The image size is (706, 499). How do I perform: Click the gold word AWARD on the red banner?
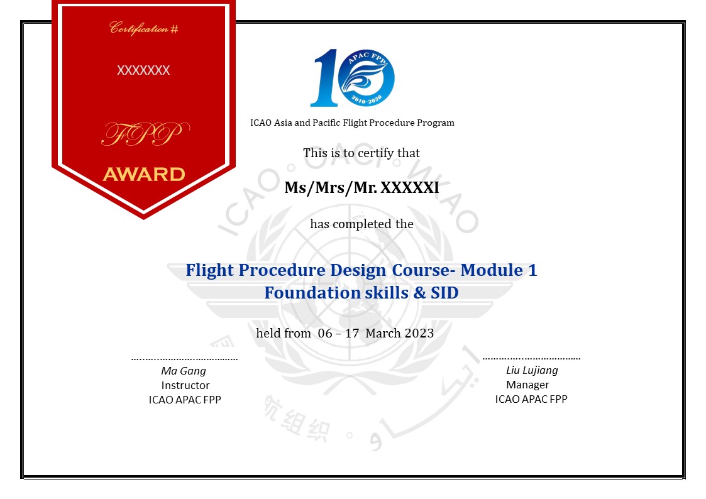pos(144,174)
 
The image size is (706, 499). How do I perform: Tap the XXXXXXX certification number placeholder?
pos(143,70)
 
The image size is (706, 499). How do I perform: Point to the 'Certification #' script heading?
pos(144,28)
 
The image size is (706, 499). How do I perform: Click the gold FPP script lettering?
pos(145,134)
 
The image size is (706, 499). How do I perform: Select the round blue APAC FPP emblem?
pos(366,78)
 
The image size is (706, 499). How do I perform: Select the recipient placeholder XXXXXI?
pos(410,188)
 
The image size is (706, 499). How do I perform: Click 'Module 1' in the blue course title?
pos(499,270)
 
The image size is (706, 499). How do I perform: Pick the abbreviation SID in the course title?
pos(444,292)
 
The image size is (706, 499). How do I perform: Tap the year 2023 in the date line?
pos(419,333)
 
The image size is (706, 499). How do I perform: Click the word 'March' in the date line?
pos(383,333)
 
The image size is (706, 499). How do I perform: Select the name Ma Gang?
pos(184,371)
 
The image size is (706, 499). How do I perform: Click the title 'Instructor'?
pos(185,385)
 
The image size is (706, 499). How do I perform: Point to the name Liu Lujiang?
pos(532,370)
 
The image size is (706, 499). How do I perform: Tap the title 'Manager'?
pos(527,385)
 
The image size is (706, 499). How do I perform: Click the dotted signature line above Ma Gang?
pos(185,359)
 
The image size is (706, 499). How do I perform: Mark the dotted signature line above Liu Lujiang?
pos(531,359)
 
